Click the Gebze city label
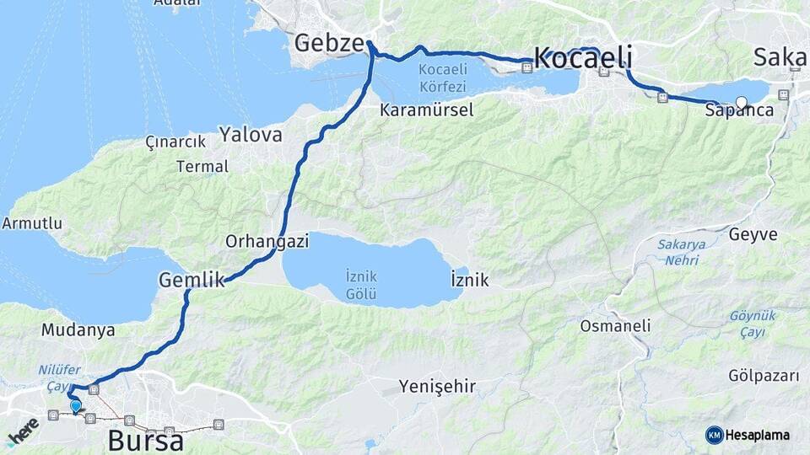click(x=329, y=43)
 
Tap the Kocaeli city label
click(x=583, y=58)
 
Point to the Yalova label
click(x=251, y=134)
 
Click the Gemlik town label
click(x=192, y=280)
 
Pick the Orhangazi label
click(x=267, y=241)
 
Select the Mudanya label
click(x=78, y=329)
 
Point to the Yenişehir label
click(x=437, y=387)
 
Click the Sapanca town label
click(x=739, y=110)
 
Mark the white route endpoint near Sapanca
click(x=742, y=103)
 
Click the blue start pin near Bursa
click(x=76, y=406)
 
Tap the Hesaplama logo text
click(x=758, y=435)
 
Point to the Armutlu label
click(x=32, y=223)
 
